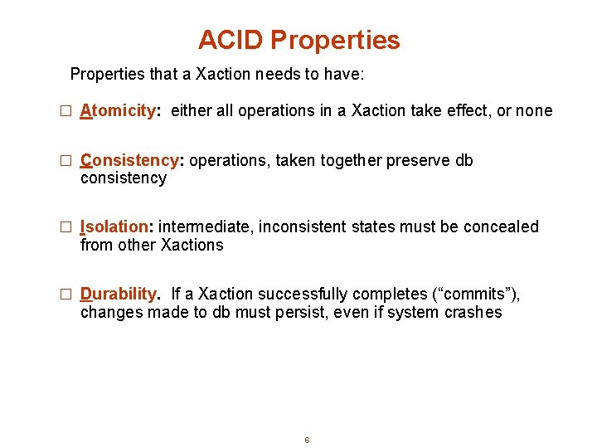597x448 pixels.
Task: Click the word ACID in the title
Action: (231, 40)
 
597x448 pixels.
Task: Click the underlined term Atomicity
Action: (119, 111)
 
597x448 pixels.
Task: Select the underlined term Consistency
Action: (129, 160)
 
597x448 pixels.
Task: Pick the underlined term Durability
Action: (119, 294)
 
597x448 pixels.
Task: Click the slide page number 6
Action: (307, 440)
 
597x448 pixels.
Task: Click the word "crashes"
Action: (472, 312)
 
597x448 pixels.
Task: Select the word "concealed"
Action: (501, 226)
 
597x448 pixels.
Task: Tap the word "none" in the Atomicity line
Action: (534, 111)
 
